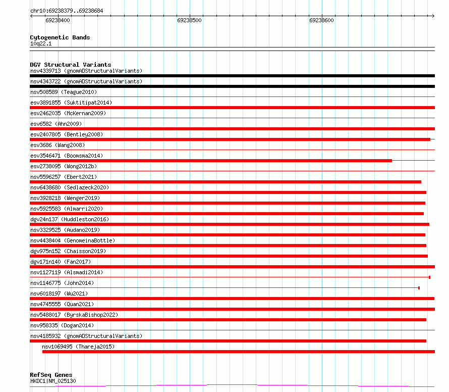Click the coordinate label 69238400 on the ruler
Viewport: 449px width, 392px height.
tap(58, 21)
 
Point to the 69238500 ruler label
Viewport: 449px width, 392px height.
tap(189, 21)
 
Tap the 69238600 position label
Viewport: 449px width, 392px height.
tap(321, 21)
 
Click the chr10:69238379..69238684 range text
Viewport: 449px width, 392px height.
tap(67, 11)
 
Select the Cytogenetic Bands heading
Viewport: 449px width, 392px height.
tap(60, 37)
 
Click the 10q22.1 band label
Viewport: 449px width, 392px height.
tap(41, 43)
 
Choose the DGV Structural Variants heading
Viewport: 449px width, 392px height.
tap(70, 65)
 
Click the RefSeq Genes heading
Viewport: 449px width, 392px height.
tap(50, 375)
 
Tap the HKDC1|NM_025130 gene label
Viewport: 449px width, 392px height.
tap(53, 381)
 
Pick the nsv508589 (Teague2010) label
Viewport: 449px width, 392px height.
tap(64, 92)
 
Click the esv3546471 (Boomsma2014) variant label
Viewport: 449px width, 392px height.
tap(66, 156)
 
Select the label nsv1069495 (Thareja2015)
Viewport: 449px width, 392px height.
tap(78, 347)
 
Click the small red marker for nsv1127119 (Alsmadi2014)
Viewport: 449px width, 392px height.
tap(429, 277)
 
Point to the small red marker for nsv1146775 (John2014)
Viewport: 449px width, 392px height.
tap(419, 288)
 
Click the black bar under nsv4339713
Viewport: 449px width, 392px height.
tap(232, 76)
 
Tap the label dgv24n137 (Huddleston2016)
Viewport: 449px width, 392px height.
tap(69, 219)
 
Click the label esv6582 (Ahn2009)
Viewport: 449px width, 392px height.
tap(55, 124)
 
